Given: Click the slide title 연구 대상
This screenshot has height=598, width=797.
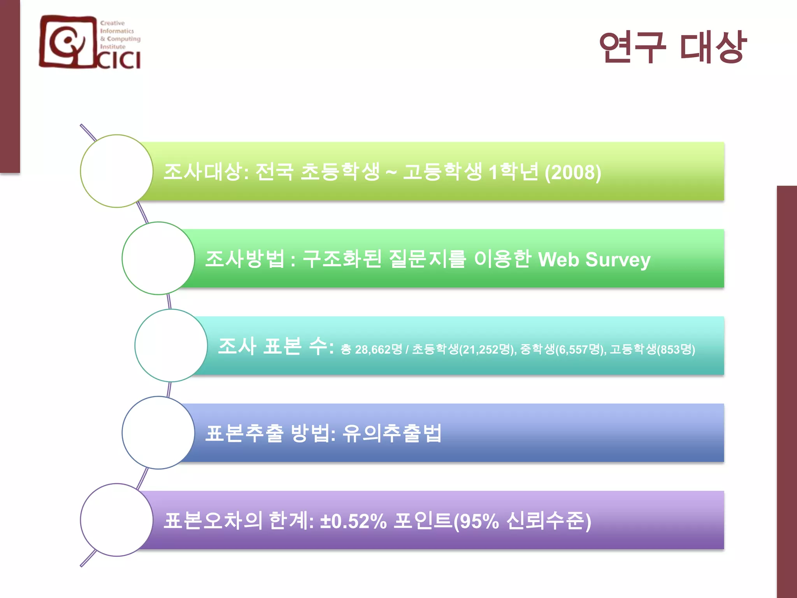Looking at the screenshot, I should [x=672, y=47].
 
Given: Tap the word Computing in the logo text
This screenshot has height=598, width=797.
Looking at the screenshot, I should [x=123, y=39].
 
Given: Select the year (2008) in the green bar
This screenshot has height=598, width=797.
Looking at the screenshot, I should [x=573, y=172].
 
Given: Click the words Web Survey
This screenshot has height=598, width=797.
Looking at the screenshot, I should [x=594, y=260].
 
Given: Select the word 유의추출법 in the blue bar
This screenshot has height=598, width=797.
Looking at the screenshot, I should [x=392, y=433].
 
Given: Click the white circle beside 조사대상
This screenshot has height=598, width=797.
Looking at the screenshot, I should [x=117, y=171].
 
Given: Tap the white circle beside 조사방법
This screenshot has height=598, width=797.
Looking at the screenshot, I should [x=158, y=258].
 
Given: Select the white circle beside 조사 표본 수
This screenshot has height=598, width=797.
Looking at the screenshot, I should [x=171, y=346].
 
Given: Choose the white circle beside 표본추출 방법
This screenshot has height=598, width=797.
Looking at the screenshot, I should [x=158, y=433].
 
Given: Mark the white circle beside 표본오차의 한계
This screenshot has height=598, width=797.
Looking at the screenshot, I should [x=117, y=520].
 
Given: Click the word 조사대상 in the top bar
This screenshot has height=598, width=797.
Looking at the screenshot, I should [x=203, y=172].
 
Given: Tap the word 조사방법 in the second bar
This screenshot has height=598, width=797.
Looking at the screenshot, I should [x=245, y=259].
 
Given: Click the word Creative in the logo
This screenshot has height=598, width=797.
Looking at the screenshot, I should [x=112, y=23].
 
